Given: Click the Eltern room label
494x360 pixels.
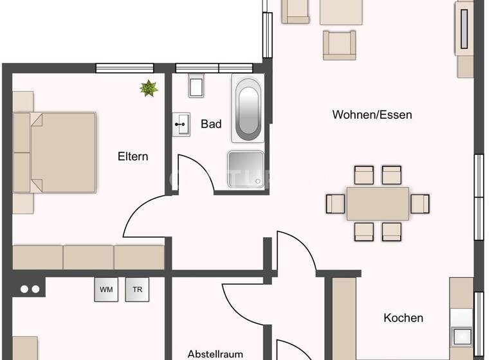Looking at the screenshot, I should tap(133, 156).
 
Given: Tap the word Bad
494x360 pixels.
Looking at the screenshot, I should tap(211, 123).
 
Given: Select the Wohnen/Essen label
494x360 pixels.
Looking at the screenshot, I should tap(372, 115).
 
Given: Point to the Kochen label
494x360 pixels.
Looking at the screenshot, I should tap(403, 318).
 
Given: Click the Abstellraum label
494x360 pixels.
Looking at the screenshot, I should tap(215, 354).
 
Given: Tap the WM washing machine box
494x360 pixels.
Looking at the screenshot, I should tap(106, 289).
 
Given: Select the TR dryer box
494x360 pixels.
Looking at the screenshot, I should tap(137, 289).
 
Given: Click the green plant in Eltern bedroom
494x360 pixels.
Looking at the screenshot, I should tap(149, 88).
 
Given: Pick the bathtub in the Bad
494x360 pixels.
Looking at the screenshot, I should tap(248, 107).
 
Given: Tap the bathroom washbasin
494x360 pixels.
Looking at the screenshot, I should tap(181, 124).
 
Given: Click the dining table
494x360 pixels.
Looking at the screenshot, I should tap(378, 204).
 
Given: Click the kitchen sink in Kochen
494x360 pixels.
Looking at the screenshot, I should tap(462, 336).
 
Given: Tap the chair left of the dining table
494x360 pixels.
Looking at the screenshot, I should tap(335, 204).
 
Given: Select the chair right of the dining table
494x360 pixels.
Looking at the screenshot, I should tap(420, 204).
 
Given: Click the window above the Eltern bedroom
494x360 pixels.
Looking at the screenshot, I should tap(124, 67).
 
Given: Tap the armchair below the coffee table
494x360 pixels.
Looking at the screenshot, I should tap(339, 45).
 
